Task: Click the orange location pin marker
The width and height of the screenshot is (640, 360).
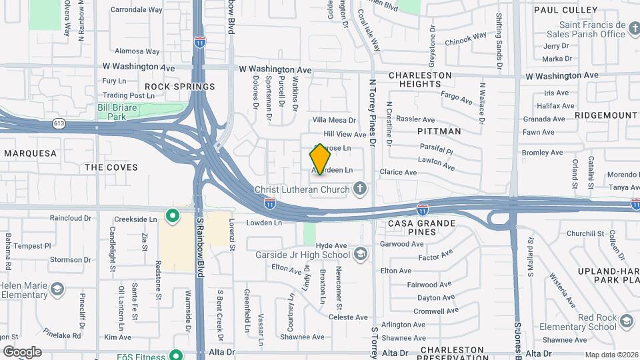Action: (320, 159)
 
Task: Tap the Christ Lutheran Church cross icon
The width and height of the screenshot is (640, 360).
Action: (360, 189)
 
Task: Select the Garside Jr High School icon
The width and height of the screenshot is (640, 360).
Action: (360, 254)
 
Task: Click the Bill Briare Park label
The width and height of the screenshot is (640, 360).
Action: (111, 111)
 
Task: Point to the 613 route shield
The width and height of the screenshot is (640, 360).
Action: (59, 123)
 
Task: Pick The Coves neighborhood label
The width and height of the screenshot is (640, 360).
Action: (111, 167)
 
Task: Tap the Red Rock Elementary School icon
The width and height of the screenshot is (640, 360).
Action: (626, 322)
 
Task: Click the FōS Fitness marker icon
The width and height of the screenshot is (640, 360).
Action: (175, 355)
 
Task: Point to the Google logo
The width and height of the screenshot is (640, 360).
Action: (22, 352)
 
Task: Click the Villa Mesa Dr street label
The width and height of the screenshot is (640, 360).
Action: (335, 120)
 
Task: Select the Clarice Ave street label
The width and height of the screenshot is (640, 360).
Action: (398, 172)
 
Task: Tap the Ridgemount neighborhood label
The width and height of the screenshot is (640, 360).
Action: (605, 115)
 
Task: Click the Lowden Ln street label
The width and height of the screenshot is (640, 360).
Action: (265, 223)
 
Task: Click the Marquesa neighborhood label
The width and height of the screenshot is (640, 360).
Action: (30, 153)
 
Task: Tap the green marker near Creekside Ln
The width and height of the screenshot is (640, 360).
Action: (173, 215)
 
